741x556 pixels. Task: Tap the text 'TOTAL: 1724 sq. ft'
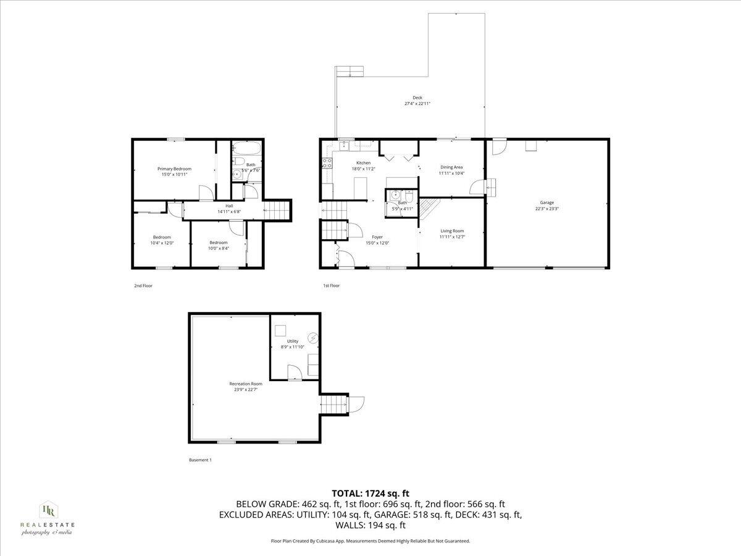coord(371,493)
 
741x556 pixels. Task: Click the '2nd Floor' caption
coord(143,285)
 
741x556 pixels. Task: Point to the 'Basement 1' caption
coord(200,460)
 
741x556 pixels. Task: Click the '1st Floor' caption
coord(332,285)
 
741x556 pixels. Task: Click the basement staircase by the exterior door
coord(332,405)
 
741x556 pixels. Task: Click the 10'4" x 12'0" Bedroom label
coord(162,240)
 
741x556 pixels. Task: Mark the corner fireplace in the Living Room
coord(429,211)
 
